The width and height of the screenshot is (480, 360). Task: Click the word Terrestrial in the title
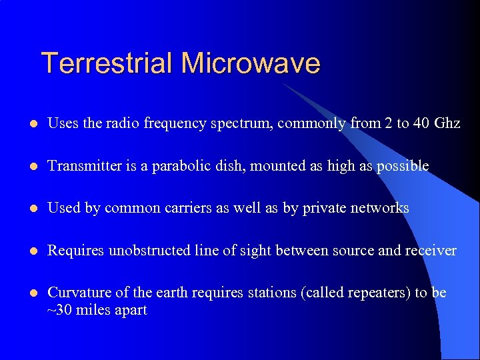click(107, 63)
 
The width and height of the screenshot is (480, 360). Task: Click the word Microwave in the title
click(251, 63)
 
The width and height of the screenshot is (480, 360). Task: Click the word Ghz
click(447, 123)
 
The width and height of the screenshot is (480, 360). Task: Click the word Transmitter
click(84, 166)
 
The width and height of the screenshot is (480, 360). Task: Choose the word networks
click(379, 209)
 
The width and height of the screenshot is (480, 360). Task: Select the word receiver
click(431, 251)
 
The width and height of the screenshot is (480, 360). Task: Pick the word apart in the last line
click(131, 311)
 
